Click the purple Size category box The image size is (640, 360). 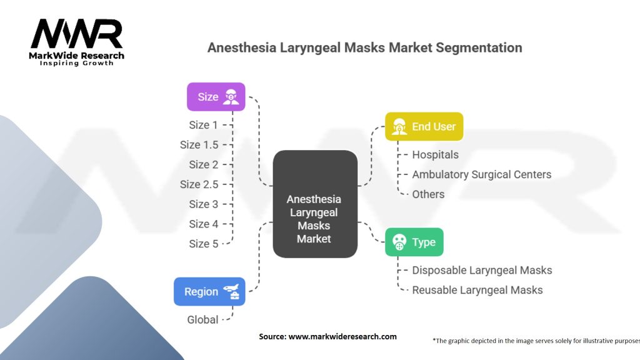click(x=216, y=97)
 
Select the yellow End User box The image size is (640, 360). click(x=424, y=126)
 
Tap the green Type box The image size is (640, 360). click(x=414, y=242)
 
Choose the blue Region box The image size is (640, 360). click(x=209, y=291)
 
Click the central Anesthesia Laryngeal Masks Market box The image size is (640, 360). click(x=314, y=219)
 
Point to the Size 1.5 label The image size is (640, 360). click(x=199, y=144)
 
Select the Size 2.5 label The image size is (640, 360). click(x=199, y=184)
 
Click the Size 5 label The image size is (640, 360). click(x=204, y=244)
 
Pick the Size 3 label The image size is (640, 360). click(x=204, y=204)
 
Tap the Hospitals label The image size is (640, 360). click(x=435, y=154)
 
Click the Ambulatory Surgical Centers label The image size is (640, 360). click(x=481, y=174)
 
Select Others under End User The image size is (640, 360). click(x=428, y=194)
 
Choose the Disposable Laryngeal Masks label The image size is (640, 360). click(x=482, y=270)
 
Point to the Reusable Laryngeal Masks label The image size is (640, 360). click(x=477, y=290)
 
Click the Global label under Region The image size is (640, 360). click(x=203, y=319)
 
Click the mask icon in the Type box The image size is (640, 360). click(x=397, y=242)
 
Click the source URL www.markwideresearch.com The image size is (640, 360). click(x=342, y=336)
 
